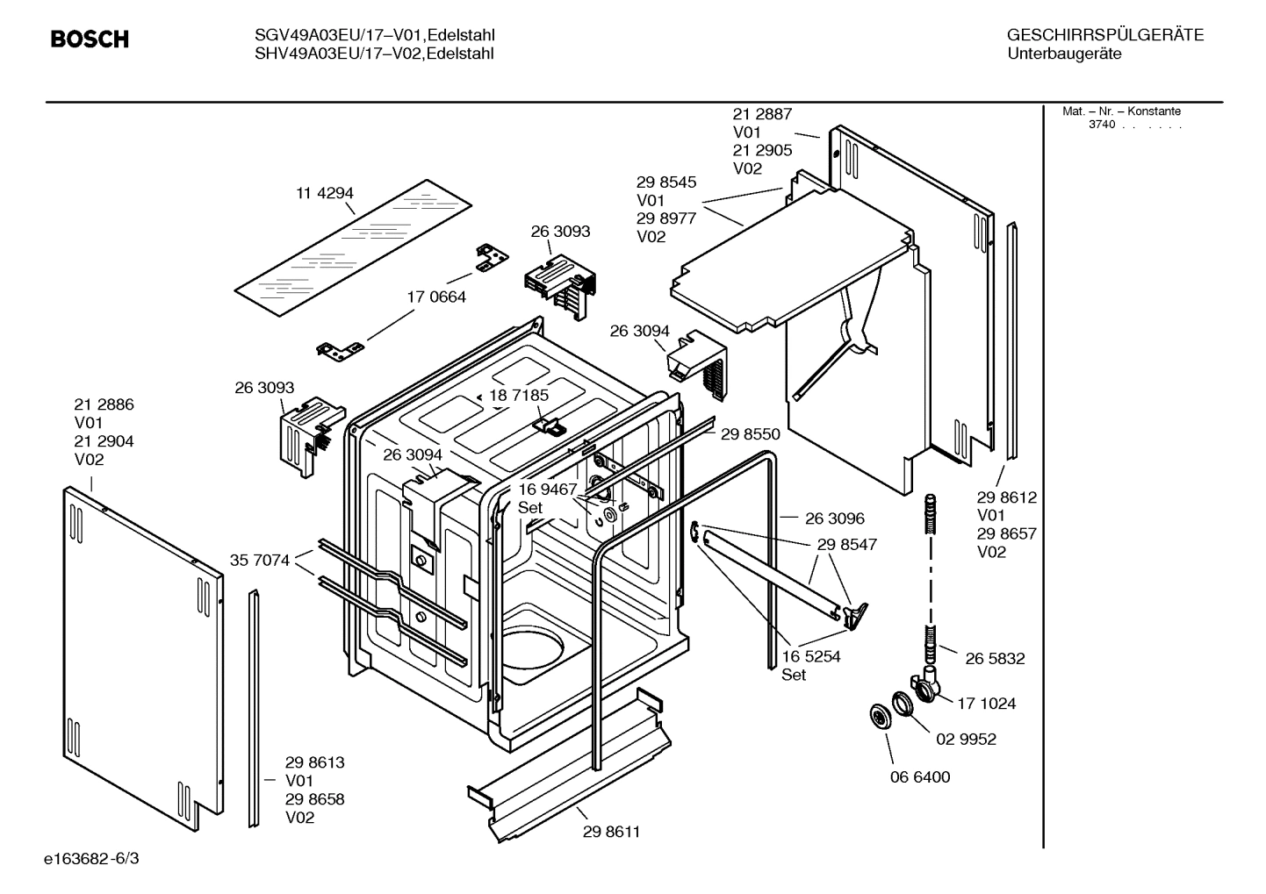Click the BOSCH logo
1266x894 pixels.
[x=90, y=39]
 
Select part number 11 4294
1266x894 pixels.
[x=324, y=193]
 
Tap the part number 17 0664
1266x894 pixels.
[x=436, y=297]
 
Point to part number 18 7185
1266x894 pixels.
[x=519, y=395]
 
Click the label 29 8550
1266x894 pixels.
[x=750, y=433]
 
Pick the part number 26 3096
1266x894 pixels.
[x=834, y=519]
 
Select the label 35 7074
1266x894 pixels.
[x=260, y=560]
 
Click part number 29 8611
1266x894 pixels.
[x=611, y=832]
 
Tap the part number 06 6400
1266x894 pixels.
[x=920, y=776]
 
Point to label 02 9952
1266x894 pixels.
[x=966, y=739]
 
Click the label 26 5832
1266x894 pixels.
[x=995, y=658]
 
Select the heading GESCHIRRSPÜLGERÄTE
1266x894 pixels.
[x=1104, y=35]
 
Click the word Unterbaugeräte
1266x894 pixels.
[x=1064, y=54]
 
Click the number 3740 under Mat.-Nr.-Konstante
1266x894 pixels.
[x=1102, y=125]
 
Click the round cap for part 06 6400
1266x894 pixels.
[x=878, y=715]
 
